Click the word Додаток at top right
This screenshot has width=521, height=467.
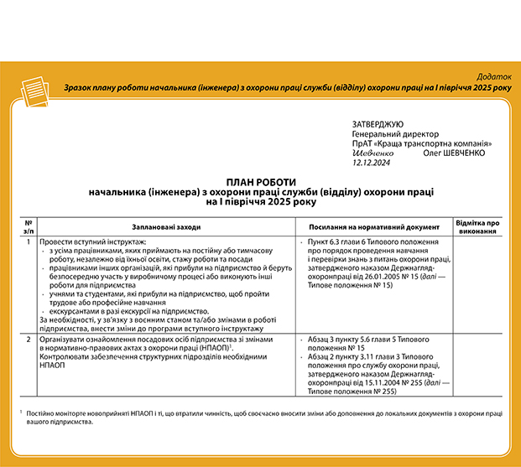[492, 76]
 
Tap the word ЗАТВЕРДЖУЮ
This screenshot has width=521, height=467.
[378, 124]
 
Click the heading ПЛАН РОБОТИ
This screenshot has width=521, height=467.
[261, 182]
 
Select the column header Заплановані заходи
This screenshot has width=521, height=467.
[167, 226]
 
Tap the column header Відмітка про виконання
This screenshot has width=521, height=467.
[477, 226]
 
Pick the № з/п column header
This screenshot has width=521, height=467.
[29, 226]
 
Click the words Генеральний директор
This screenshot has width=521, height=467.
[395, 134]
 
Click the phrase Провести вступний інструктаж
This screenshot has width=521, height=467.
[92, 243]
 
